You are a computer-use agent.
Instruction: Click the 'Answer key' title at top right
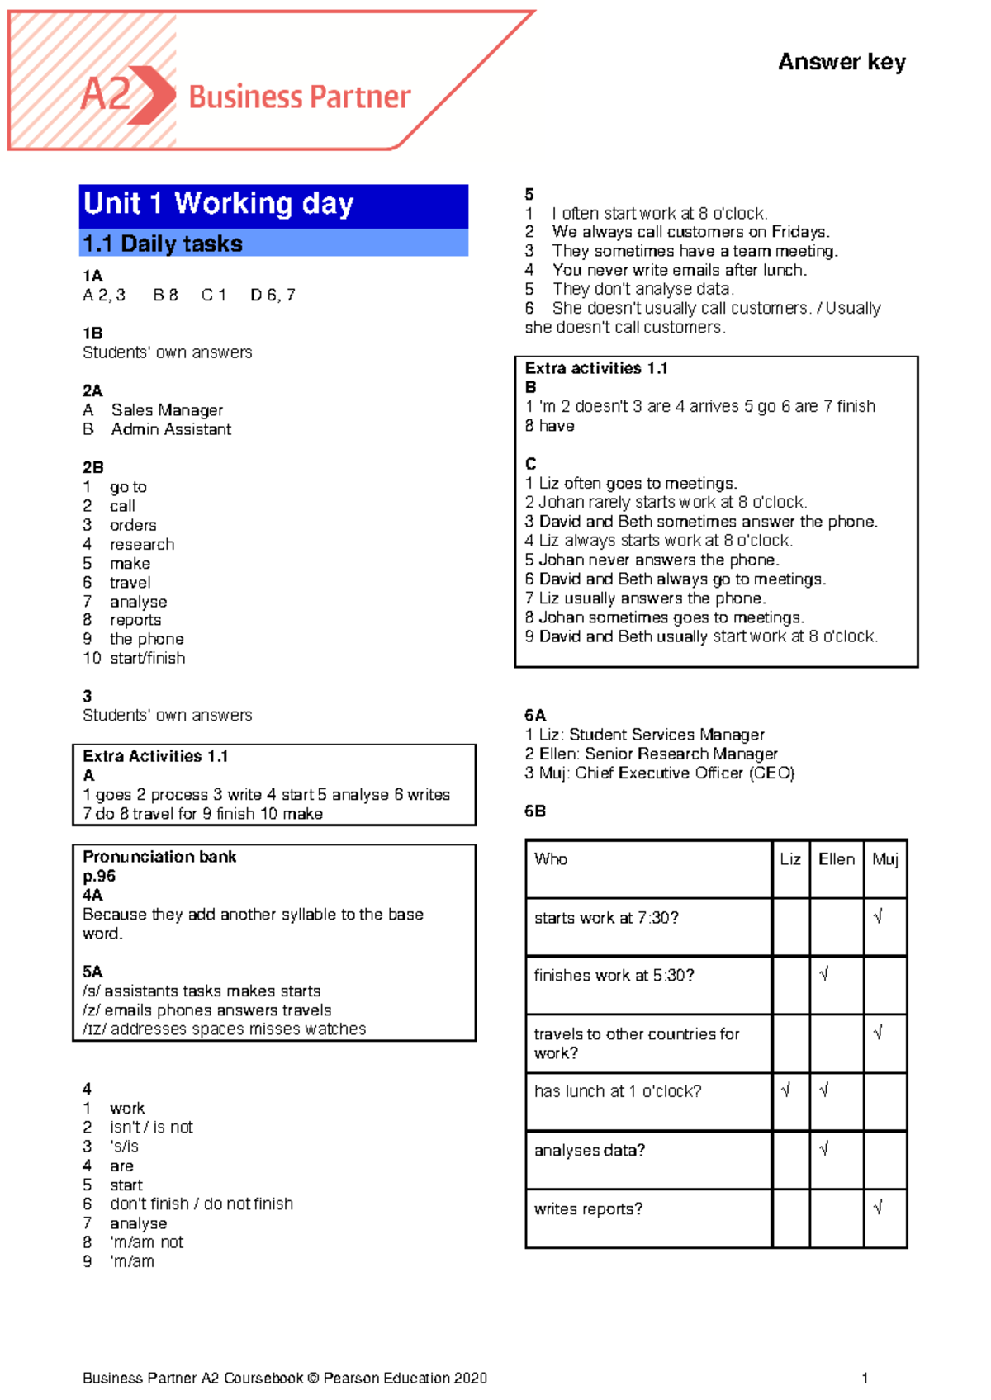tap(842, 62)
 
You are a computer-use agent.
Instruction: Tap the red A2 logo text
tap(107, 94)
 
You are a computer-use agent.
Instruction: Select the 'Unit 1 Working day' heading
tap(219, 203)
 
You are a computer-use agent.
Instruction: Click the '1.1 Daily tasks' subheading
tap(163, 244)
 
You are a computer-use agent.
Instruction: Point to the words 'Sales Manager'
tap(167, 410)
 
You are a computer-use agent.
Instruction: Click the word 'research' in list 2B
tap(142, 544)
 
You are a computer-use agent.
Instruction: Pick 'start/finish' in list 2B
tap(147, 658)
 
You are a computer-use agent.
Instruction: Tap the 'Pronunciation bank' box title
tap(159, 857)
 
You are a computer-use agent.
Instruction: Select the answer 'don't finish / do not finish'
tap(202, 1204)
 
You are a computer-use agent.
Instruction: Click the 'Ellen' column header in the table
tap(837, 859)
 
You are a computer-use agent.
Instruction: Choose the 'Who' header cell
tap(551, 859)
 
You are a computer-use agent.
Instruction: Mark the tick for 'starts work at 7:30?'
tap(878, 916)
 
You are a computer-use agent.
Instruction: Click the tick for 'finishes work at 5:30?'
tap(823, 974)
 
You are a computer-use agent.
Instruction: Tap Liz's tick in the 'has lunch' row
tap(785, 1090)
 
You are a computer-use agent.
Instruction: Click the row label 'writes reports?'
tap(588, 1209)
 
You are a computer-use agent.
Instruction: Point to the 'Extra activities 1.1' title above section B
tap(596, 368)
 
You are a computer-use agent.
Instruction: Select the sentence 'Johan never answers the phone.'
tap(658, 560)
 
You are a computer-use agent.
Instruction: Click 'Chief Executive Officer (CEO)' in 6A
tap(685, 773)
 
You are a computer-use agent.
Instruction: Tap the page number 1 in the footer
tap(865, 1378)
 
